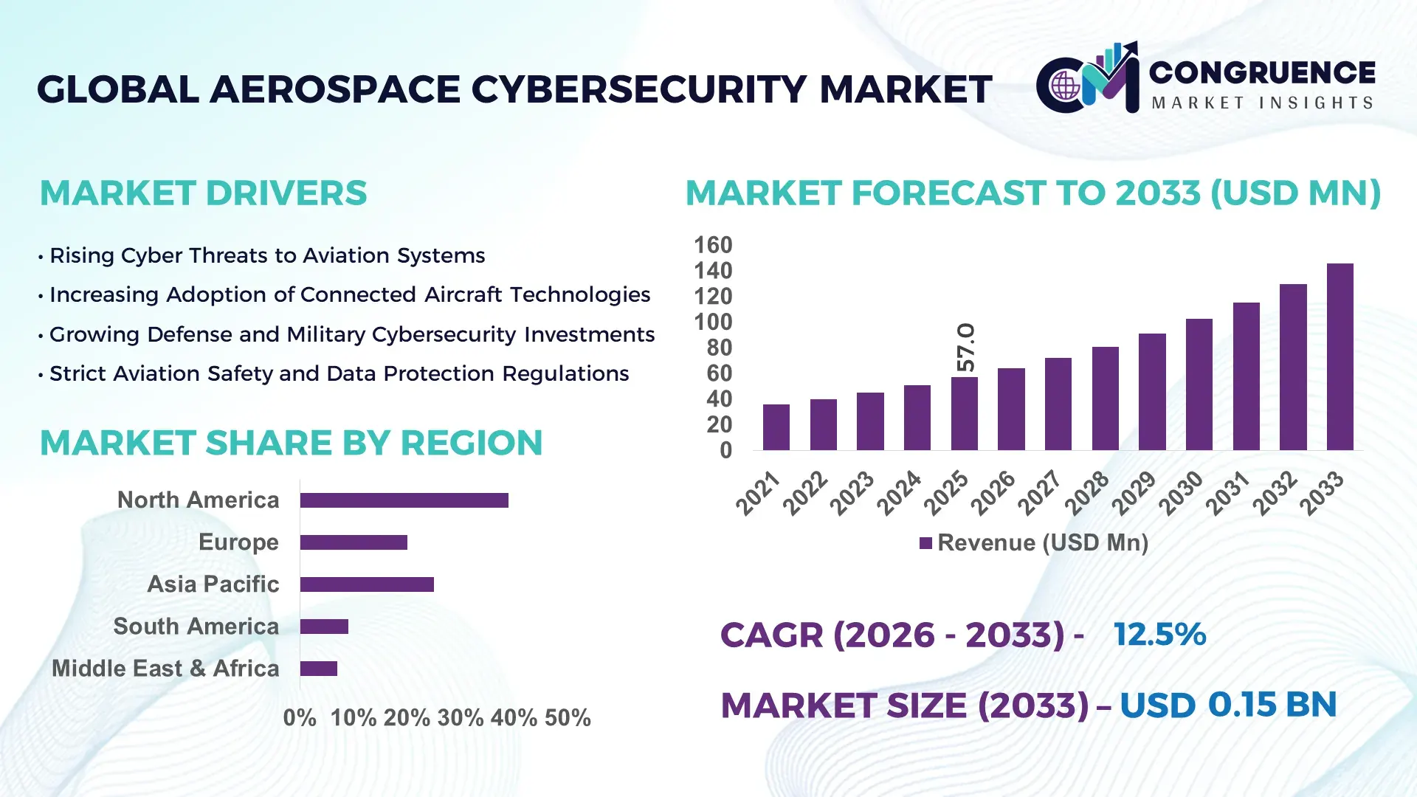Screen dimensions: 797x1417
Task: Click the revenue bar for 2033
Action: [1340, 357]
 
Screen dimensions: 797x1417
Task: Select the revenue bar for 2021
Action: [776, 427]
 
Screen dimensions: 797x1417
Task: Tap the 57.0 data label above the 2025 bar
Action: [965, 347]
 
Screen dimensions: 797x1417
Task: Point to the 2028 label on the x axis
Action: [1086, 493]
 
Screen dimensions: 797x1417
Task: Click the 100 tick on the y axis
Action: [713, 322]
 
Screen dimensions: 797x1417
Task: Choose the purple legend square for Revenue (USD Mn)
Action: [925, 544]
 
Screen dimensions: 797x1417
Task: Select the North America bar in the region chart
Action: [404, 500]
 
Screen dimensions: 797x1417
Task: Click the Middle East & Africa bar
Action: [318, 669]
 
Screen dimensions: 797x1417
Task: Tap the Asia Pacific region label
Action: [213, 584]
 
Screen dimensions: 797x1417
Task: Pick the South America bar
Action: [324, 627]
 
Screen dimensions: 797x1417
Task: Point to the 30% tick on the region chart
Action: [461, 718]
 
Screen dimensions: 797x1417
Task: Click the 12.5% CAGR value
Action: [1159, 635]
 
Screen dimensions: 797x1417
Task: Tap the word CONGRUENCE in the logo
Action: [1262, 73]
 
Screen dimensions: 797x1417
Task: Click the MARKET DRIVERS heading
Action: [203, 193]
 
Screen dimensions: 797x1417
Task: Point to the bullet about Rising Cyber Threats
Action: [266, 255]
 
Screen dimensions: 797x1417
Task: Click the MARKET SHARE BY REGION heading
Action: [291, 444]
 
